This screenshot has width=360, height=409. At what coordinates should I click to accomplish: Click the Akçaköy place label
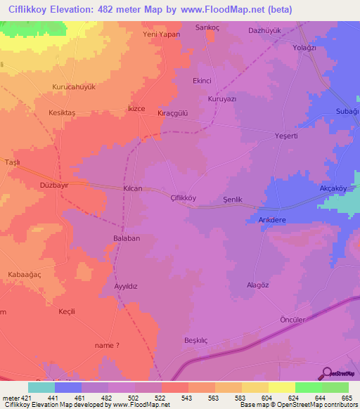[334, 189]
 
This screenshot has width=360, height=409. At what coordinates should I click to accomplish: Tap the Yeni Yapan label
[162, 34]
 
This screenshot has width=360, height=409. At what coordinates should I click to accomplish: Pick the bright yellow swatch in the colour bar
[281, 387]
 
